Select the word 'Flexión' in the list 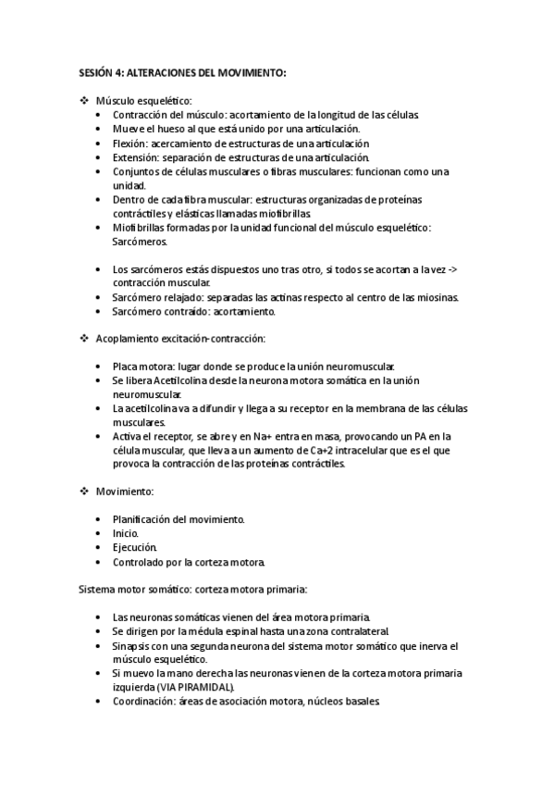(x=129, y=143)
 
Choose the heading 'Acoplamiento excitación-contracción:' (x=180, y=340)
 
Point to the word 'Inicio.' (x=126, y=533)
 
